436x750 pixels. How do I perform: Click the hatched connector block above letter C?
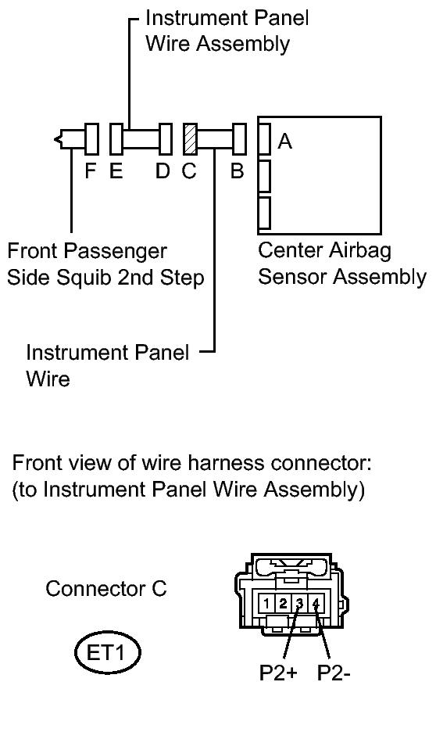click(191, 138)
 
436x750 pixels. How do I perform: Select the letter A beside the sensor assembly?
click(285, 142)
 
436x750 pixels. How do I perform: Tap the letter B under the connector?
click(237, 170)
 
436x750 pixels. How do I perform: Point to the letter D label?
click(163, 170)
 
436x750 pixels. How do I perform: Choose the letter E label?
click(116, 170)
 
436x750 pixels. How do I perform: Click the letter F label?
click(91, 170)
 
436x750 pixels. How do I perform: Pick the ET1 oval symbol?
click(108, 653)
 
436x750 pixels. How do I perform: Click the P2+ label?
click(278, 673)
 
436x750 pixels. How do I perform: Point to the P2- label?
click(334, 673)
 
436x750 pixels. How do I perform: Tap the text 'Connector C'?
click(106, 588)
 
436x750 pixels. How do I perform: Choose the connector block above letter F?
click(91, 138)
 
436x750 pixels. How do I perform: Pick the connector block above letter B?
click(239, 138)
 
